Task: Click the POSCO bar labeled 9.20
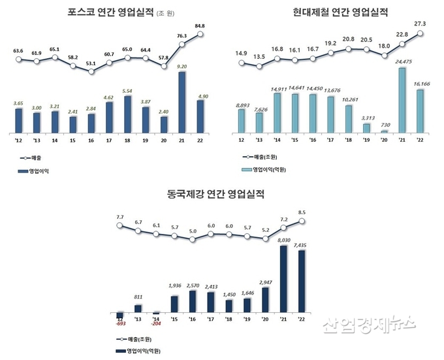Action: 182,101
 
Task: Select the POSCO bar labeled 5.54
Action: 127,114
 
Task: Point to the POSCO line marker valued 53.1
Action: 91,71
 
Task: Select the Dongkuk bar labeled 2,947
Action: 265,299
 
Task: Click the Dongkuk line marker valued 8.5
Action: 302,221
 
